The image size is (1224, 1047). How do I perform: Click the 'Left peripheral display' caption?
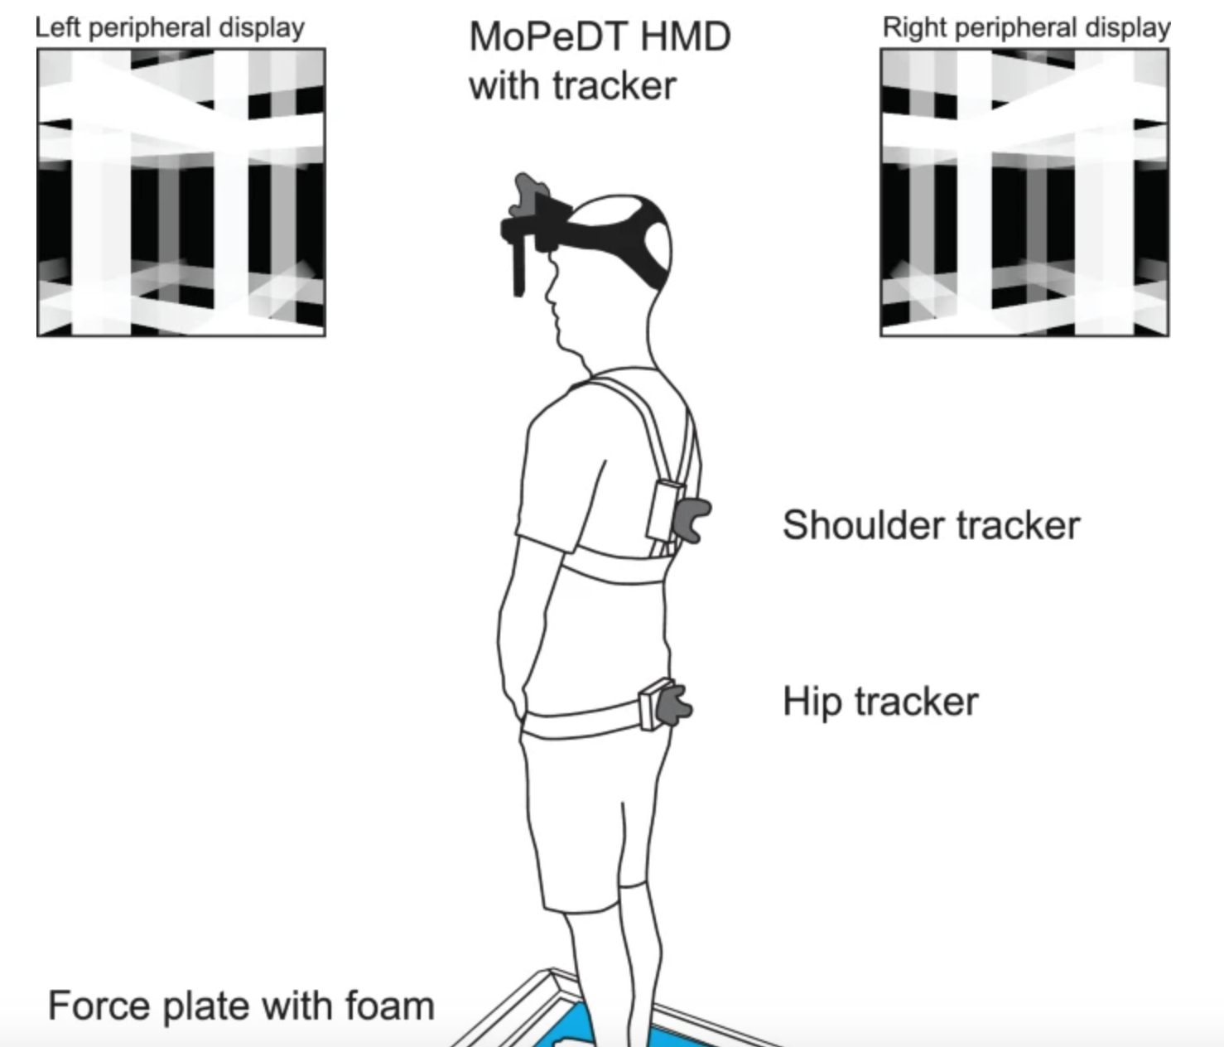click(x=170, y=28)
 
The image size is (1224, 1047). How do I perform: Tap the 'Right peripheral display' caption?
click(x=1026, y=28)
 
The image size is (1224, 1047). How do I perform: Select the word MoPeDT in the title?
click(x=547, y=36)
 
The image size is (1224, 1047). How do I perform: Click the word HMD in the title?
click(x=685, y=36)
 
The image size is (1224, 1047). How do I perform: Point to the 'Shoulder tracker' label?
click(x=932, y=525)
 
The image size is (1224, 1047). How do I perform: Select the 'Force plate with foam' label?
click(x=241, y=1006)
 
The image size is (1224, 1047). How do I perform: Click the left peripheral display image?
click(x=181, y=192)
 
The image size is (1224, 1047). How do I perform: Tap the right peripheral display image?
click(x=1025, y=192)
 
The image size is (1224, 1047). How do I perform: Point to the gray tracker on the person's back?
click(x=691, y=520)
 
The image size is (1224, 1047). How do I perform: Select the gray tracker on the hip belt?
click(x=673, y=705)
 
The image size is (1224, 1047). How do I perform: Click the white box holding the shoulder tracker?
click(x=663, y=512)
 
